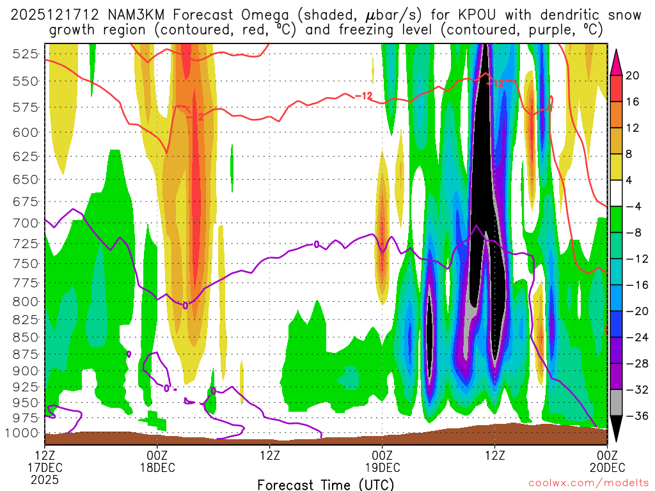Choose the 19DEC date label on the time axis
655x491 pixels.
(x=383, y=467)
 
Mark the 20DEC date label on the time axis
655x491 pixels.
(x=606, y=467)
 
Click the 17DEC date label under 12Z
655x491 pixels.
(x=45, y=467)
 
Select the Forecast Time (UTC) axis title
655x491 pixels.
(x=326, y=484)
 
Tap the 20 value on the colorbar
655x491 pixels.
(x=633, y=75)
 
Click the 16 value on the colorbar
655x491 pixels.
(x=633, y=102)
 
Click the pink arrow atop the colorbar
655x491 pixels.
(x=617, y=59)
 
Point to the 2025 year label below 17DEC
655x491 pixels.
(x=45, y=478)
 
